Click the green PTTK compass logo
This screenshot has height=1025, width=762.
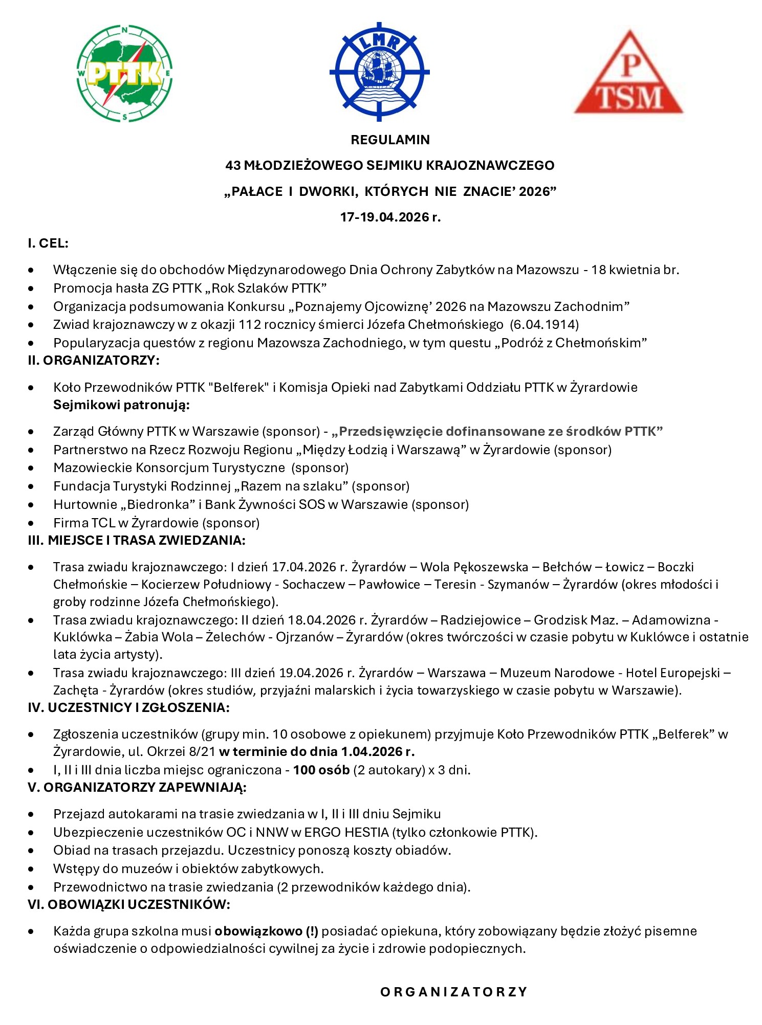[x=124, y=74]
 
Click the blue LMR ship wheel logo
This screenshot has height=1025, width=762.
[x=379, y=72]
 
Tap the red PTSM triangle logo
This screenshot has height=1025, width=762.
[x=628, y=74]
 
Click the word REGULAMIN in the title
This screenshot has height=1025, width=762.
[x=390, y=140]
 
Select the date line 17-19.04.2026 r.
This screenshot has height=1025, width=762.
[x=390, y=217]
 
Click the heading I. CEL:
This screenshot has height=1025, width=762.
[x=48, y=243]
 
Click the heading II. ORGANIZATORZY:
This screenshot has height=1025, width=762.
[x=94, y=360]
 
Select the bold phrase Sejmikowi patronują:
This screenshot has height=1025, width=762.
[x=121, y=405]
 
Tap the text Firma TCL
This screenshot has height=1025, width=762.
[x=84, y=523]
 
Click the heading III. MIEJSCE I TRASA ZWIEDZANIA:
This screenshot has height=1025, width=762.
[x=137, y=540]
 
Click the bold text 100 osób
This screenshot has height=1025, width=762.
[x=321, y=770]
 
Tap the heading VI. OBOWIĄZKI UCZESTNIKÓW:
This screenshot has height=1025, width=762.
[x=129, y=904]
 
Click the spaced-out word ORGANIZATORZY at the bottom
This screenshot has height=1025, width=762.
[x=453, y=992]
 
